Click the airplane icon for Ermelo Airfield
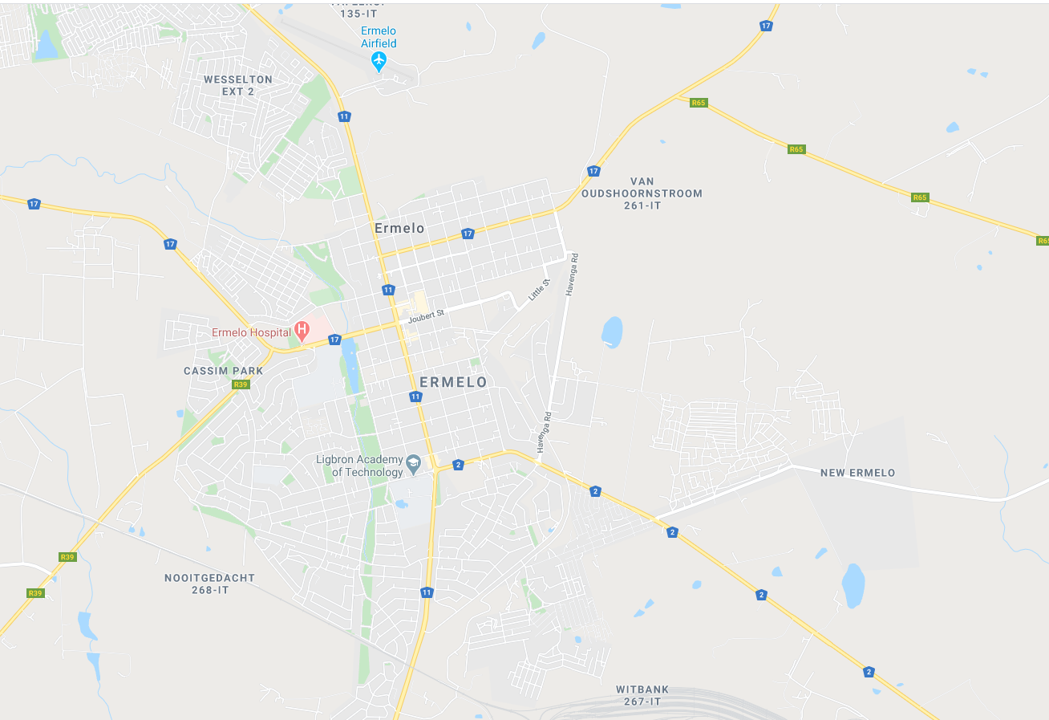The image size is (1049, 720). [x=379, y=60]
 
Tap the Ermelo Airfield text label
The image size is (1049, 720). [x=379, y=37]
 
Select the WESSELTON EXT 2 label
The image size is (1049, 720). [x=238, y=85]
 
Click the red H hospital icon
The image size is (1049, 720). [x=302, y=328]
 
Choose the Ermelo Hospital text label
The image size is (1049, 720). [x=251, y=332]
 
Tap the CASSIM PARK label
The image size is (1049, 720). [x=223, y=371]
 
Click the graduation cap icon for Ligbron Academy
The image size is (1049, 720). [x=413, y=462]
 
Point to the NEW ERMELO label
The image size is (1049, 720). [x=857, y=473]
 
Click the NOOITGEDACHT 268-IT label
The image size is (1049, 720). [x=209, y=584]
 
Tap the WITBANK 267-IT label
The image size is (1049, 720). [x=642, y=695]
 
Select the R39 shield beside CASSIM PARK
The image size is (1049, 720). [x=240, y=384]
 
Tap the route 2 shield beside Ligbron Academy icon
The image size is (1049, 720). [x=458, y=464]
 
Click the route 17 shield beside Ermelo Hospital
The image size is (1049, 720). [x=334, y=340]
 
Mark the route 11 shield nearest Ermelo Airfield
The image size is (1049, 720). [x=344, y=116]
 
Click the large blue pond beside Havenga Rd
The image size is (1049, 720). [x=612, y=332]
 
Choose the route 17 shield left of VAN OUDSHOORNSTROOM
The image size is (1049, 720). [x=593, y=171]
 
